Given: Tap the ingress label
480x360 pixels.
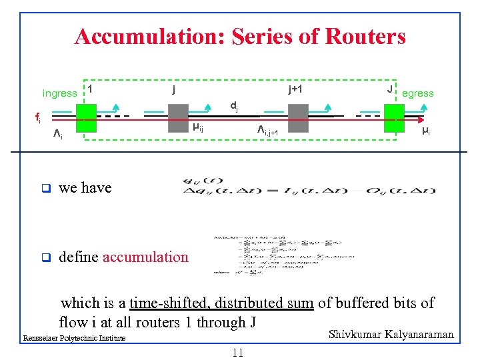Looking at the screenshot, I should [59, 93].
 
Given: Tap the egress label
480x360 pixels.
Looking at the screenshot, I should [418, 93].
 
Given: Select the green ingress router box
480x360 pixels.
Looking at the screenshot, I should [86, 118].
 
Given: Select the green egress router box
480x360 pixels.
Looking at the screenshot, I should [393, 118].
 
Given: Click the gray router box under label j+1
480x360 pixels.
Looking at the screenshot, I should [297, 118].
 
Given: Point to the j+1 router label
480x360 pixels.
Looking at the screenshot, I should [293, 88].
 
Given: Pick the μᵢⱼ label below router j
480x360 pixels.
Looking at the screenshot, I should [198, 127].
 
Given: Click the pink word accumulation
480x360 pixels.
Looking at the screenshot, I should [145, 257].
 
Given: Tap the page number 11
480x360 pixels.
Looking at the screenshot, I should [237, 353].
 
